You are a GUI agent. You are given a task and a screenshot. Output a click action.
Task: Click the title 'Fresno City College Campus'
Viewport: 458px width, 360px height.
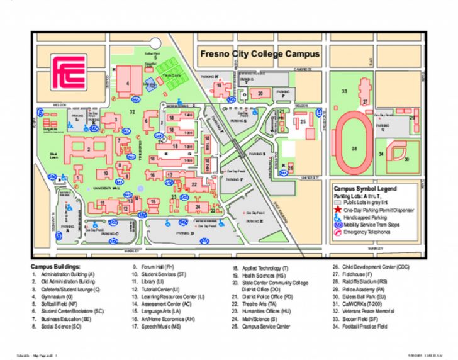tap(260, 54)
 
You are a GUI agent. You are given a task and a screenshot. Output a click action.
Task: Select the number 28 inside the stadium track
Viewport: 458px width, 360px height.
tap(354, 149)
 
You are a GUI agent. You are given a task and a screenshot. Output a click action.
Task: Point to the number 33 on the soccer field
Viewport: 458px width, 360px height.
tap(344, 91)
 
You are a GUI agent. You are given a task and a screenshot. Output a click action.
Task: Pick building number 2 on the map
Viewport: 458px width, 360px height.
tap(89, 149)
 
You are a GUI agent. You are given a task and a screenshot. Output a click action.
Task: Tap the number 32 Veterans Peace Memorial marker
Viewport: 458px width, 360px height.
tap(132, 111)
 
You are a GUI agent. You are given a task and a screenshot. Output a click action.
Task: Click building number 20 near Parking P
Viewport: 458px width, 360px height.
tap(260, 93)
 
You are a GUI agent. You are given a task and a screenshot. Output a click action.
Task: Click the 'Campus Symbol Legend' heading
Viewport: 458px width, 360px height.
tap(365, 188)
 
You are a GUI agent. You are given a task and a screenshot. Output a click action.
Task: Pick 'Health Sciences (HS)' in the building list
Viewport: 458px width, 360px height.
tap(263, 275)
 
